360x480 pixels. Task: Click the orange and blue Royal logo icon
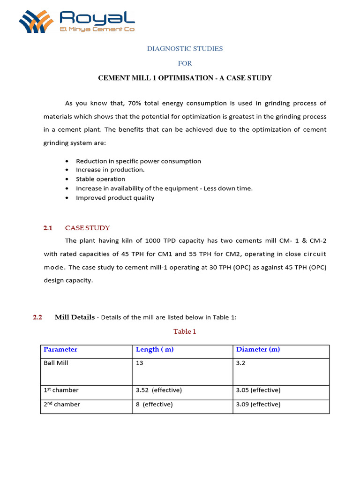(37, 21)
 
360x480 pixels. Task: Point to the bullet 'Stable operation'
(100, 179)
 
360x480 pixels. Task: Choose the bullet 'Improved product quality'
(115, 198)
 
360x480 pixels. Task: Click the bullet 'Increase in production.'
(110, 170)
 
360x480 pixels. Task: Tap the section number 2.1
(48, 228)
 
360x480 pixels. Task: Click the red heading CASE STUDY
(87, 228)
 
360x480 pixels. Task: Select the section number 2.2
(37, 317)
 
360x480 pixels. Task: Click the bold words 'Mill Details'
(75, 317)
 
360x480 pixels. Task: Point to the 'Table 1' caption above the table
(185, 331)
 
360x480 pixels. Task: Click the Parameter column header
(60, 350)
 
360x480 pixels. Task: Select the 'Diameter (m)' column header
(258, 350)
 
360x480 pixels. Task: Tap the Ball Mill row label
(56, 363)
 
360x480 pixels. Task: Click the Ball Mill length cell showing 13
(139, 363)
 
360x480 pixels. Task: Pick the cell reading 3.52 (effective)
(158, 390)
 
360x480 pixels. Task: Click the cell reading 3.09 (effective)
(258, 404)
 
